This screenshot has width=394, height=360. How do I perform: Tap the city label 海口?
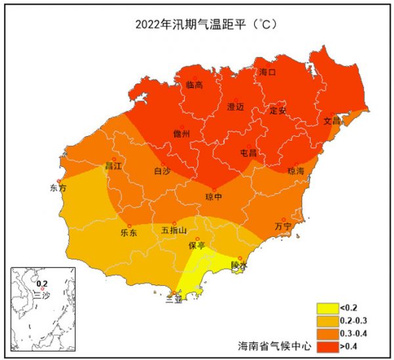267,72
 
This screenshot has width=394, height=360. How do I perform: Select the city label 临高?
194,85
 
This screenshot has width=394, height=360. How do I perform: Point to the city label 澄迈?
235,106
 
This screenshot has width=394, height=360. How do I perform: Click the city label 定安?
278,110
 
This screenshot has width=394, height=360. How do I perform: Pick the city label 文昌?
332,122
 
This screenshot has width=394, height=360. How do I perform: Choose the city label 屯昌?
248,153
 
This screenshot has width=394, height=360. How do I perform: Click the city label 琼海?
296,171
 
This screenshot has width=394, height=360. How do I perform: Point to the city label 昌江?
114,166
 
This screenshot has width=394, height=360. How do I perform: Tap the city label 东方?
58,188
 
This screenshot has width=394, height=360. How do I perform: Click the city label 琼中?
213,196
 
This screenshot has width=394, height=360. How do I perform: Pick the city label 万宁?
283,227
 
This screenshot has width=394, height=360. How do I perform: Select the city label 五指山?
174,231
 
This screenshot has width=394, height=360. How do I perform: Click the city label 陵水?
239,265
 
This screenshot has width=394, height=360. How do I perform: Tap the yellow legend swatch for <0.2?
326,307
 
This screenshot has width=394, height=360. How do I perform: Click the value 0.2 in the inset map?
42,284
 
